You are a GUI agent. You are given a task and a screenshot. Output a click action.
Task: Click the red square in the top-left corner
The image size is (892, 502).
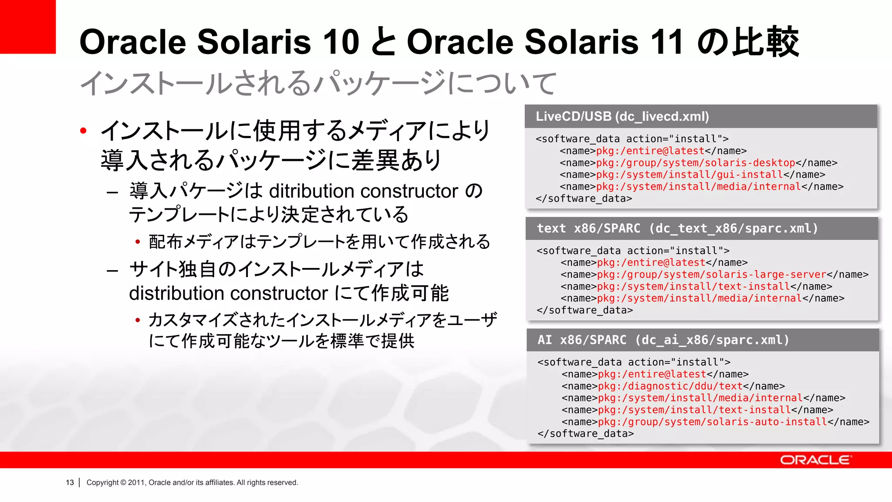(x=27, y=26)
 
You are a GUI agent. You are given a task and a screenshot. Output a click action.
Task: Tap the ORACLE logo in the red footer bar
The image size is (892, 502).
(x=815, y=460)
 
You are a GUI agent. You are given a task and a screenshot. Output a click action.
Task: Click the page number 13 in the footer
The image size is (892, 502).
(x=70, y=482)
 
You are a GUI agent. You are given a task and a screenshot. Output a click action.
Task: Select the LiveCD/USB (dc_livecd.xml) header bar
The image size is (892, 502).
(x=700, y=116)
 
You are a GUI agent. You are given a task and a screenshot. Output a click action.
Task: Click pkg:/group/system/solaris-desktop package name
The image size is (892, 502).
(x=695, y=163)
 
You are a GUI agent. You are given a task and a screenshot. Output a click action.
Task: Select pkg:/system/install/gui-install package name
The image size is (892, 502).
(x=689, y=175)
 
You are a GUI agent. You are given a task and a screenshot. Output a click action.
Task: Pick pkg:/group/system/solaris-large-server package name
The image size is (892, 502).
(x=711, y=275)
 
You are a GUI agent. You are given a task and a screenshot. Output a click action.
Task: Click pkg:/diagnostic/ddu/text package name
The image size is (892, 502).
(x=670, y=386)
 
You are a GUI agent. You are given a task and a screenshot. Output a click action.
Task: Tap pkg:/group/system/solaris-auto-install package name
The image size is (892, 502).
(x=712, y=422)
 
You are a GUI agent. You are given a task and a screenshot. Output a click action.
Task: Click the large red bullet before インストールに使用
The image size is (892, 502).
(x=84, y=131)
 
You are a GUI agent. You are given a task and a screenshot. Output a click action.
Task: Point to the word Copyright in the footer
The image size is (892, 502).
(x=102, y=482)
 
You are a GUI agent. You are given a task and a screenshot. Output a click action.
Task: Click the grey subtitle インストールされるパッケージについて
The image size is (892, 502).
(x=318, y=83)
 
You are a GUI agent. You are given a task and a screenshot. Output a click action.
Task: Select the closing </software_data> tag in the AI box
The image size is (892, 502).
(x=585, y=434)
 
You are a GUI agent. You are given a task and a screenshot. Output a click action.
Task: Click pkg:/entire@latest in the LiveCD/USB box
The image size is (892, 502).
(x=650, y=151)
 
